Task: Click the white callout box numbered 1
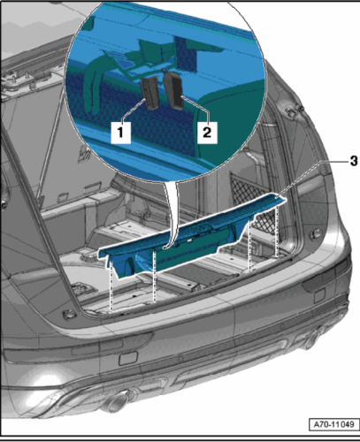[121, 133]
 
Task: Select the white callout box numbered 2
[207, 133]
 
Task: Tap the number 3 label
[353, 161]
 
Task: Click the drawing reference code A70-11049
[333, 424]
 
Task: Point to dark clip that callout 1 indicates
[149, 93]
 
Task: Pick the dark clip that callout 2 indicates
[174, 90]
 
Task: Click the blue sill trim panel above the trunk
[192, 237]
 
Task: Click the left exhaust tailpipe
[116, 400]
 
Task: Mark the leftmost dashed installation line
[111, 286]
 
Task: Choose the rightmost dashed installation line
[277, 231]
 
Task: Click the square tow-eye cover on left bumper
[128, 358]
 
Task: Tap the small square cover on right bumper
[319, 296]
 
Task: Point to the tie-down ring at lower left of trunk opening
[70, 315]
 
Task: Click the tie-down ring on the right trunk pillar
[315, 234]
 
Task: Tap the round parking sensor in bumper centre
[180, 359]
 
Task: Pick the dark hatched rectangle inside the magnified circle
[187, 54]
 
